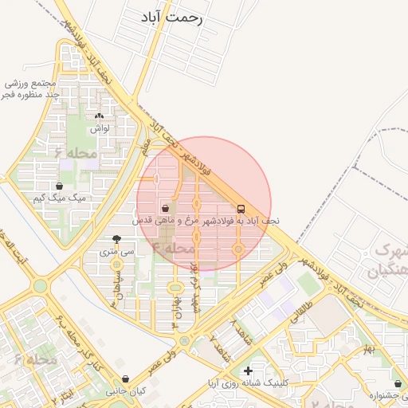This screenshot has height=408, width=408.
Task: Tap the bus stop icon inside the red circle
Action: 241,209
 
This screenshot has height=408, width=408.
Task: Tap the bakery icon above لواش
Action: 99,116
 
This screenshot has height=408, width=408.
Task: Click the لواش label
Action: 100,127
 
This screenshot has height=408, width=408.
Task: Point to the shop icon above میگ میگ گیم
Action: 59,186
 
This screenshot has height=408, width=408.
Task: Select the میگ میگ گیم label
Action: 60,198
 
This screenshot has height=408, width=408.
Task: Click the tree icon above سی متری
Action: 117,239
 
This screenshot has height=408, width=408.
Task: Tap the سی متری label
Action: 117,251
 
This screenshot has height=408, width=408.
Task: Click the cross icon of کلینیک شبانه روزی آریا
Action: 248,371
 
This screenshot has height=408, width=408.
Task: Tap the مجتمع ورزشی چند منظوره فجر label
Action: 32,88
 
